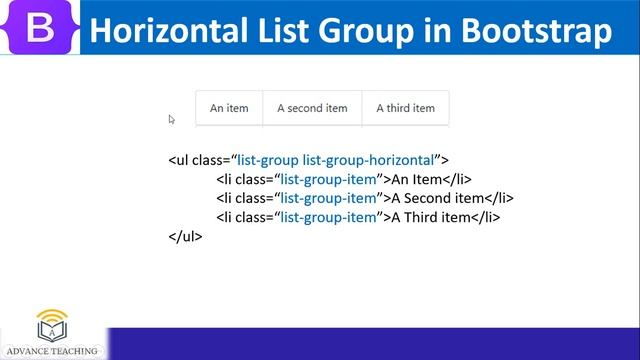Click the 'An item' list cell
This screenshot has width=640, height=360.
tap(229, 108)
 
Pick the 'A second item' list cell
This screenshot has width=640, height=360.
tap(312, 108)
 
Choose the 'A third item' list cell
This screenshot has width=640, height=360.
tap(405, 108)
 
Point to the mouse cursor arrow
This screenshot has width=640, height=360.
tap(172, 119)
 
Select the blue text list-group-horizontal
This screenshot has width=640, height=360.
tap(379, 160)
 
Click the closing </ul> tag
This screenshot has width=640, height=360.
tap(186, 237)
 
